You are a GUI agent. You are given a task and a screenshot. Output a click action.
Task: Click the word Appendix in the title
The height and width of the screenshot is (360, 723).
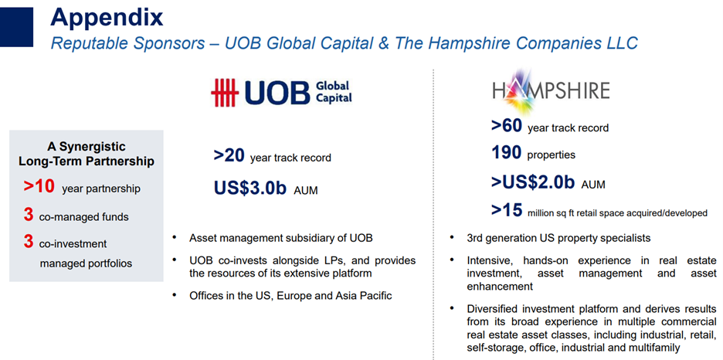tap(107, 18)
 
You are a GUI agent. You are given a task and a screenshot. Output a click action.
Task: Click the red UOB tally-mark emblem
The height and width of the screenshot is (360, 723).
tap(224, 92)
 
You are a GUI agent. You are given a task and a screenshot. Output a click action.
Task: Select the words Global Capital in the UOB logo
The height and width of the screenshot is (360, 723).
tap(334, 91)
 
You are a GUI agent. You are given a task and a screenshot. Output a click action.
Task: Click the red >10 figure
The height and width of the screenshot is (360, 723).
tap(39, 186)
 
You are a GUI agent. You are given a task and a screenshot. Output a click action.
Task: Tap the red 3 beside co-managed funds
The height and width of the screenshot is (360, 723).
tap(29, 215)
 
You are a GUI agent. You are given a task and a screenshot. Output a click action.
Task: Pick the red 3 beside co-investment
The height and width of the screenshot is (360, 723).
tap(29, 242)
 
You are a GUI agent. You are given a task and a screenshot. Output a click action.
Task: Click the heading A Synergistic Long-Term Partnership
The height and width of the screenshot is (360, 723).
tap(87, 154)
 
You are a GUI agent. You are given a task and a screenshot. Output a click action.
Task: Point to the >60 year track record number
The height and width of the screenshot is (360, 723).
tap(507, 125)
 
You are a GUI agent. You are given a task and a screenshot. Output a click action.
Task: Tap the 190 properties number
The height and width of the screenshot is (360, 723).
tap(506, 153)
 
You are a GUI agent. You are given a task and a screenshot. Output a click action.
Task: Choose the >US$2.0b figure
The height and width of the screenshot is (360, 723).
tap(532, 182)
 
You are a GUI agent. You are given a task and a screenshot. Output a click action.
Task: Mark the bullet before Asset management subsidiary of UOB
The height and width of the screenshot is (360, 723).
tap(175, 238)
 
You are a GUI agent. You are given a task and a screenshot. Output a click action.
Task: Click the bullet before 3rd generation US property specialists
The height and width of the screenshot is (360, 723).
tap(452, 238)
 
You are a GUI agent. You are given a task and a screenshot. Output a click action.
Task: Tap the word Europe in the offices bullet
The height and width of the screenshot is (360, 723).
tap(291, 295)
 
